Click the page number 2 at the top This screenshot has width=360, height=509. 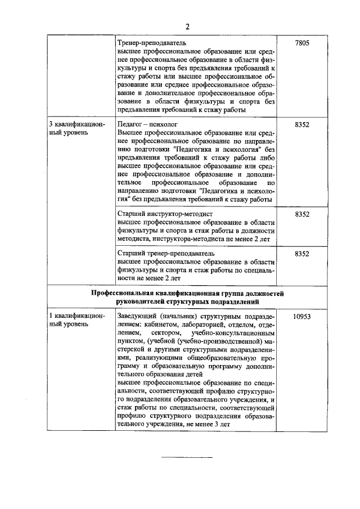tap(188, 26)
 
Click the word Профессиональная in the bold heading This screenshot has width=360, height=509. tap(121, 293)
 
